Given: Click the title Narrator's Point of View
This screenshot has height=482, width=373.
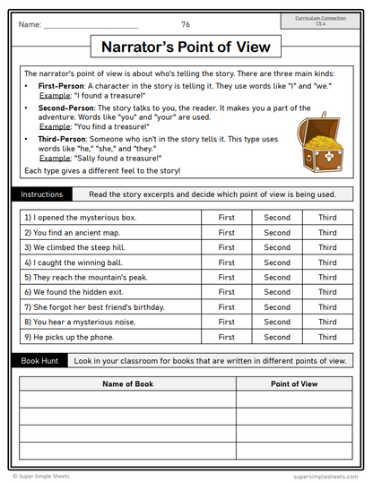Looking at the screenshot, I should [186, 47].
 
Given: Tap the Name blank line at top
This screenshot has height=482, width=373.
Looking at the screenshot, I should [90, 25].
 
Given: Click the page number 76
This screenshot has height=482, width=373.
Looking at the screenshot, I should [186, 25].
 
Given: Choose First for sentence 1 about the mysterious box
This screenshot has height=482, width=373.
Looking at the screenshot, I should [227, 218].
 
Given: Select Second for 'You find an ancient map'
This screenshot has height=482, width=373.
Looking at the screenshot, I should [277, 233].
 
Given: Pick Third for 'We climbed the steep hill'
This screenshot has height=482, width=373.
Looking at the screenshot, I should [327, 247].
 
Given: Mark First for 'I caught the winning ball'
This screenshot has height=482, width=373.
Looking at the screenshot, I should [227, 263].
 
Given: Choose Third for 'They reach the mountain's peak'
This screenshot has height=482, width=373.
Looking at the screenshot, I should [327, 278].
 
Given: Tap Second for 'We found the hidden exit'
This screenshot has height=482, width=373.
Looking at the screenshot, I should [277, 292].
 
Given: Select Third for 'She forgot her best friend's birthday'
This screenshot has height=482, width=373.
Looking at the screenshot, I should [327, 307].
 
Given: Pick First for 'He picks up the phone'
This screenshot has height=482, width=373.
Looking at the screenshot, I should [227, 337].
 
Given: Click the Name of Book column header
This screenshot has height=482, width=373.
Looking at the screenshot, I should [127, 383].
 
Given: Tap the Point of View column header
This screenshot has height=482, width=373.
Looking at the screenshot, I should [294, 383].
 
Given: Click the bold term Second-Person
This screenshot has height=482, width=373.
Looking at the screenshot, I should [67, 108].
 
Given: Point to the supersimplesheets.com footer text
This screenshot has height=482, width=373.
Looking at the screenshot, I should [325, 477].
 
